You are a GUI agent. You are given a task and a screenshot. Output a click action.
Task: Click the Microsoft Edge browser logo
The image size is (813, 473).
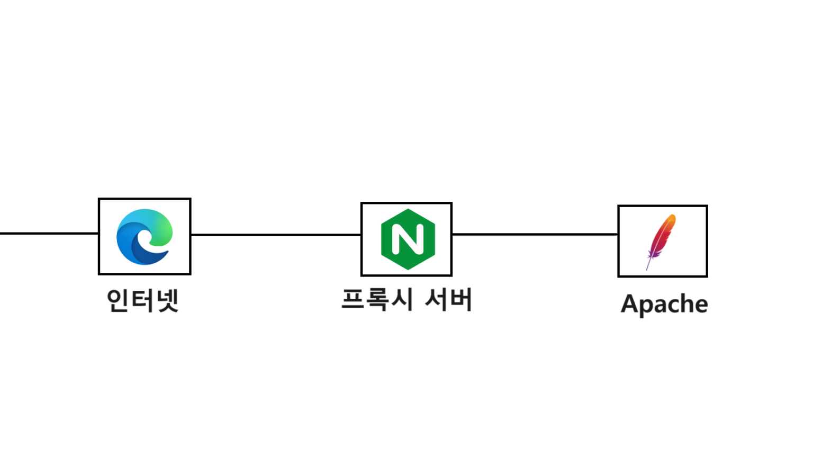(144, 237)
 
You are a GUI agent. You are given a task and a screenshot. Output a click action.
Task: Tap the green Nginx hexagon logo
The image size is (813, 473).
(408, 239)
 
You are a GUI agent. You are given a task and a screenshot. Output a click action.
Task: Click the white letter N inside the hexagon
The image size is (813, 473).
(408, 239)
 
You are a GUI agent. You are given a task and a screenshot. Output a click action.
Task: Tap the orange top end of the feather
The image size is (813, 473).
(672, 218)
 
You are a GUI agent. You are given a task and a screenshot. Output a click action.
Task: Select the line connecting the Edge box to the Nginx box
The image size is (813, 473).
(275, 234)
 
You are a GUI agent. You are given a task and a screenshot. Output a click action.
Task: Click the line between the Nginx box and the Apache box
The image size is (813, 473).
(535, 234)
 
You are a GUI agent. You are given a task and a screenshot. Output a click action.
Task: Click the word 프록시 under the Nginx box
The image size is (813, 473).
(377, 300)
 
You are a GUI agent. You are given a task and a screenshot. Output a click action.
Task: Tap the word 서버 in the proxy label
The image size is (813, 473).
(448, 300)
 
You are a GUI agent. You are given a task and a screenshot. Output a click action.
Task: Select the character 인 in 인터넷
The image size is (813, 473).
(118, 300)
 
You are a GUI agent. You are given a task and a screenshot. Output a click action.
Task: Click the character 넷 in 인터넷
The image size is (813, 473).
(167, 300)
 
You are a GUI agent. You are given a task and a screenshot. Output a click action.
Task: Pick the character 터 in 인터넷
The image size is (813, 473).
(142, 300)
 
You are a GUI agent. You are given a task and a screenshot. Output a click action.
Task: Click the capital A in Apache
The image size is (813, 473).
(629, 304)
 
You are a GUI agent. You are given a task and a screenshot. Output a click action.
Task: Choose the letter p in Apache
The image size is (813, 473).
(645, 306)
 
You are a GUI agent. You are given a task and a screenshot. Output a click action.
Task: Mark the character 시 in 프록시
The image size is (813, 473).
(402, 300)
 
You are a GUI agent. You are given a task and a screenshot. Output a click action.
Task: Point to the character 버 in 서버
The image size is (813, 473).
(460, 300)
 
